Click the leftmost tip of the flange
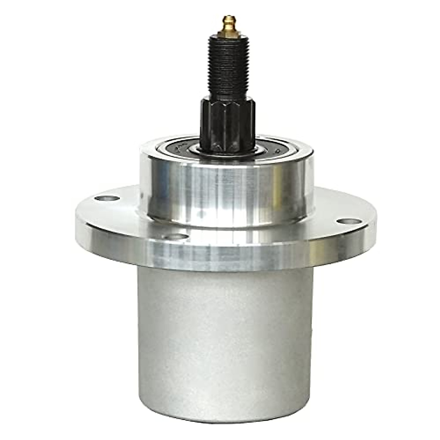click(x=76, y=216)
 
